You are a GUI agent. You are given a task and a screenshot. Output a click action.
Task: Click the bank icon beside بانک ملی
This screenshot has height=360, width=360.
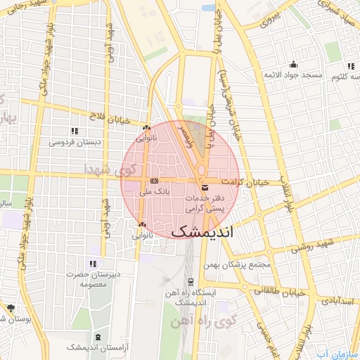pos(155,181)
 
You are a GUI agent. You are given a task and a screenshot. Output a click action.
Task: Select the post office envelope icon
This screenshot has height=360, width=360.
pos(205,188)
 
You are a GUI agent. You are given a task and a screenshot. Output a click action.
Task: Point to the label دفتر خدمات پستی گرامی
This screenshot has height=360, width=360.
pos(204,204)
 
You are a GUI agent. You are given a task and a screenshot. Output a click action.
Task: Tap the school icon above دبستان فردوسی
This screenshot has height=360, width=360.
pos(75,131)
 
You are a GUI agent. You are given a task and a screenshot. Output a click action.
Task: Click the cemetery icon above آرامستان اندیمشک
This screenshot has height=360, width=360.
pos(97,337)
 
